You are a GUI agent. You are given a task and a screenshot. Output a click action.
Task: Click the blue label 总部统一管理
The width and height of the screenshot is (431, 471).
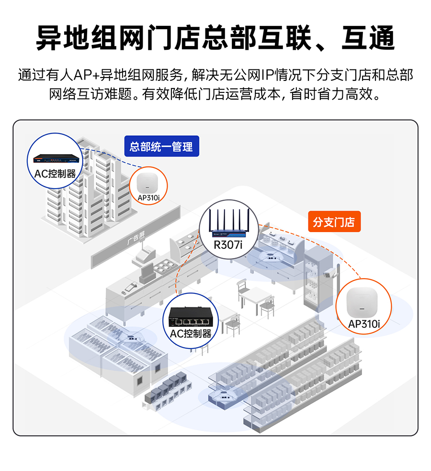(x=161, y=146)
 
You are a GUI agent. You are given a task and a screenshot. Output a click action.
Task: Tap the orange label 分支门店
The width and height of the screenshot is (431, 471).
(x=334, y=222)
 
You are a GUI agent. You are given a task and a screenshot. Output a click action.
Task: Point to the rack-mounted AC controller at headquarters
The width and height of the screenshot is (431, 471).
(x=55, y=158)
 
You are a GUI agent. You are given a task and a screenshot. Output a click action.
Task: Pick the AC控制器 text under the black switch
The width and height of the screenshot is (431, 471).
(x=191, y=334)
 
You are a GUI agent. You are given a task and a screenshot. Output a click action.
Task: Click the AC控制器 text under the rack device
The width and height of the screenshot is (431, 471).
(x=55, y=173)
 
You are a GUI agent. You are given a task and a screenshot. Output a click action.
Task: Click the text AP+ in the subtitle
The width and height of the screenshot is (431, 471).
(x=88, y=76)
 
